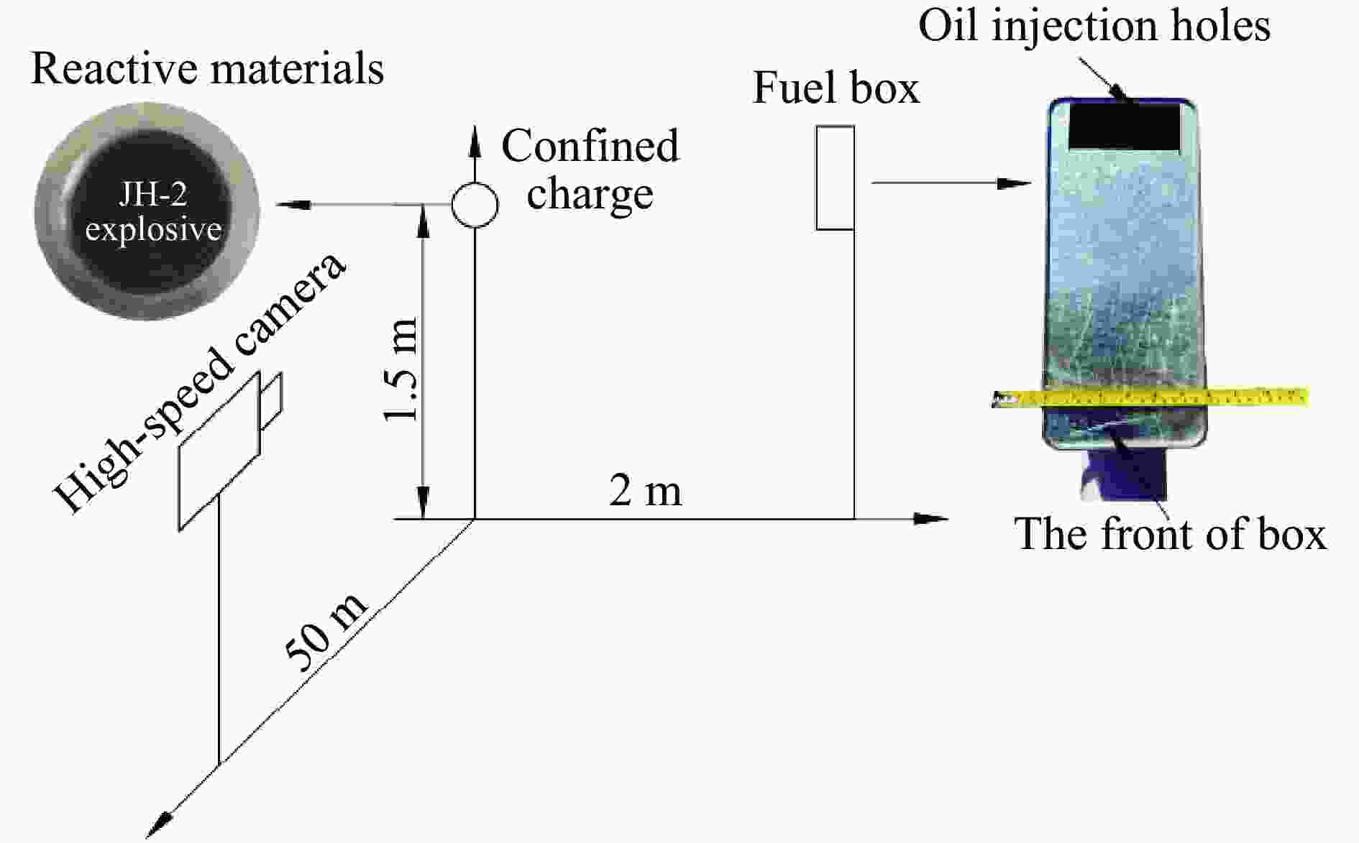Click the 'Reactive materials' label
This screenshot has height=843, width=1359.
click(208, 69)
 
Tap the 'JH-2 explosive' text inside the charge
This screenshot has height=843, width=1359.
click(153, 213)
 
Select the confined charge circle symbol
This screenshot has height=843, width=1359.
click(475, 204)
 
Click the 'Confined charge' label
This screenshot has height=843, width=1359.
click(590, 170)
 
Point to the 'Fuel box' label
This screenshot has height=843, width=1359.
click(836, 88)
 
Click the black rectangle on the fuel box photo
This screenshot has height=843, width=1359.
click(1125, 126)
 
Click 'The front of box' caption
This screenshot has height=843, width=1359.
click(1170, 534)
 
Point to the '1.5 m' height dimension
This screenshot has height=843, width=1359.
click(401, 369)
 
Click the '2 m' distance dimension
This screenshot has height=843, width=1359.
click(645, 492)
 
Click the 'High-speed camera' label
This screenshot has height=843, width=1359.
click(201, 382)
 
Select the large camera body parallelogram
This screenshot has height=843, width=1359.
click(219, 451)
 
